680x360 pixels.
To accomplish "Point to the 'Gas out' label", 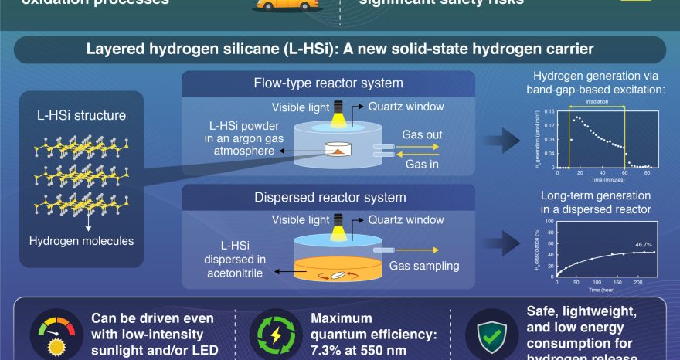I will (x=422, y=134).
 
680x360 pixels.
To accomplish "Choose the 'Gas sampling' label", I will (x=424, y=266).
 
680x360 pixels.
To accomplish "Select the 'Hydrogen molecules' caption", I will (x=81, y=241).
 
